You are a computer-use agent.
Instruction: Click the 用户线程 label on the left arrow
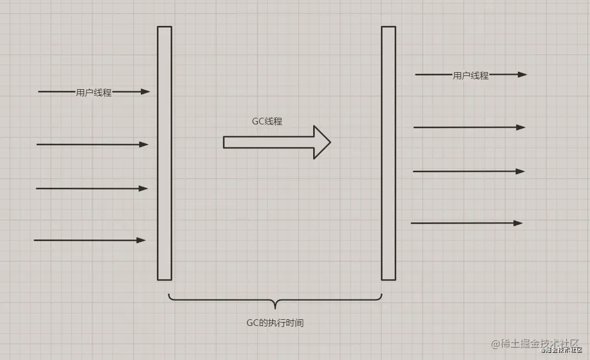click(94, 92)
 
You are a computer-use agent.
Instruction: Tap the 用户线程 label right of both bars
click(471, 75)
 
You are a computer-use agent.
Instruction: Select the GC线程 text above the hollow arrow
click(267, 121)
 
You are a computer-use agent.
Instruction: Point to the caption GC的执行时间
click(275, 323)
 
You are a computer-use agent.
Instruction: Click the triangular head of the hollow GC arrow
click(322, 142)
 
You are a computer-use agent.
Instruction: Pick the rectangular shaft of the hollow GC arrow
click(269, 142)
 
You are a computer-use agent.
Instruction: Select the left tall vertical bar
click(165, 153)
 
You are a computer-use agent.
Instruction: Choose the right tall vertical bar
click(389, 153)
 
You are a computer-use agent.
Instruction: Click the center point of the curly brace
click(275, 304)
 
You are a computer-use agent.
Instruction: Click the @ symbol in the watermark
click(495, 344)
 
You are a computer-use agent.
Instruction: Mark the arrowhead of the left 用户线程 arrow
click(145, 91)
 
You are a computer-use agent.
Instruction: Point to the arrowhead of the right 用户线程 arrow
click(522, 74)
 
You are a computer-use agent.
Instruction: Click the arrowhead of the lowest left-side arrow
click(141, 241)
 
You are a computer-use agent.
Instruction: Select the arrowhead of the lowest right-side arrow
click(518, 223)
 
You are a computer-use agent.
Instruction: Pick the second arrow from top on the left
click(92, 144)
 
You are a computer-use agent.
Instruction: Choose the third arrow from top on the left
click(92, 188)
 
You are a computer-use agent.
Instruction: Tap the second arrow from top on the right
click(469, 128)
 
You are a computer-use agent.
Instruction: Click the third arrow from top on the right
click(469, 172)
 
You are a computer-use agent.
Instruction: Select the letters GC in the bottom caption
click(252, 323)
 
